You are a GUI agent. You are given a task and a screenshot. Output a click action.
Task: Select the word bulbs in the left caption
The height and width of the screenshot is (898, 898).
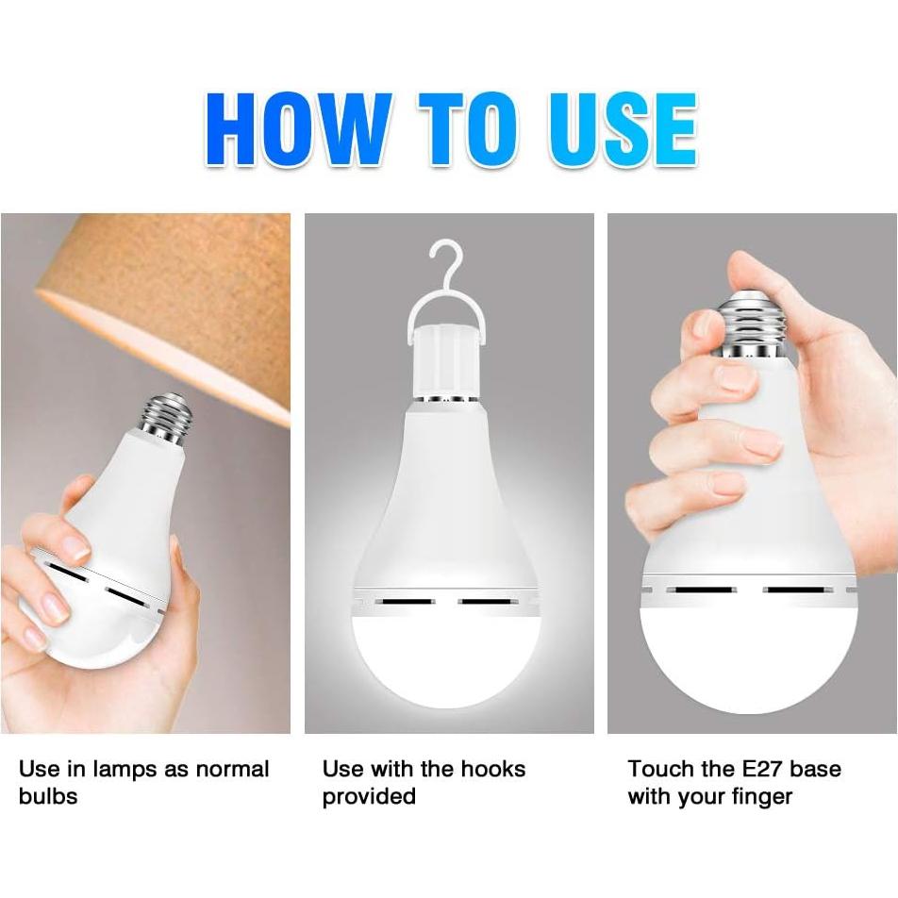pos(47,796)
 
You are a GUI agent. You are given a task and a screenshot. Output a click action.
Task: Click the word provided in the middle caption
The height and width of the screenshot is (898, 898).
pos(369,796)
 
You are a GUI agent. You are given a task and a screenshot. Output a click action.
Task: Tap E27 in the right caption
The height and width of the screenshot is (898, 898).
pos(757,770)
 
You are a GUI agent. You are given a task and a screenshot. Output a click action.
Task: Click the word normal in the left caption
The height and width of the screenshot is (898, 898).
pos(231,770)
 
